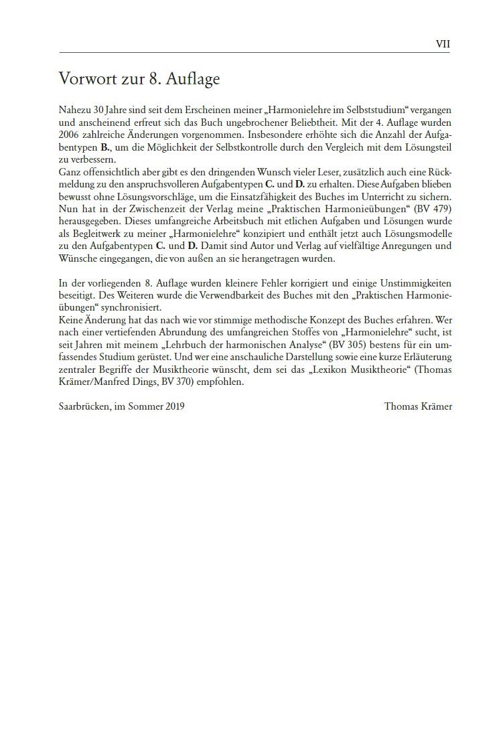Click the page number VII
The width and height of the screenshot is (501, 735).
(x=443, y=44)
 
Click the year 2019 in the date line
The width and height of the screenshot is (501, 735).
(x=173, y=406)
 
